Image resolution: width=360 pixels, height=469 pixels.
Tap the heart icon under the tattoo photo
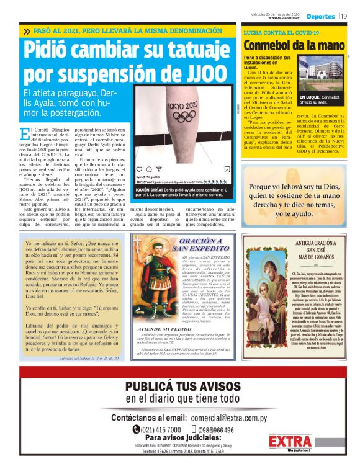139,168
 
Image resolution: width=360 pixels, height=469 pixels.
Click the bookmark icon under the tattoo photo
227,168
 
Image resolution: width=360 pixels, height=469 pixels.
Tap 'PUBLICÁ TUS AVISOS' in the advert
179,388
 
